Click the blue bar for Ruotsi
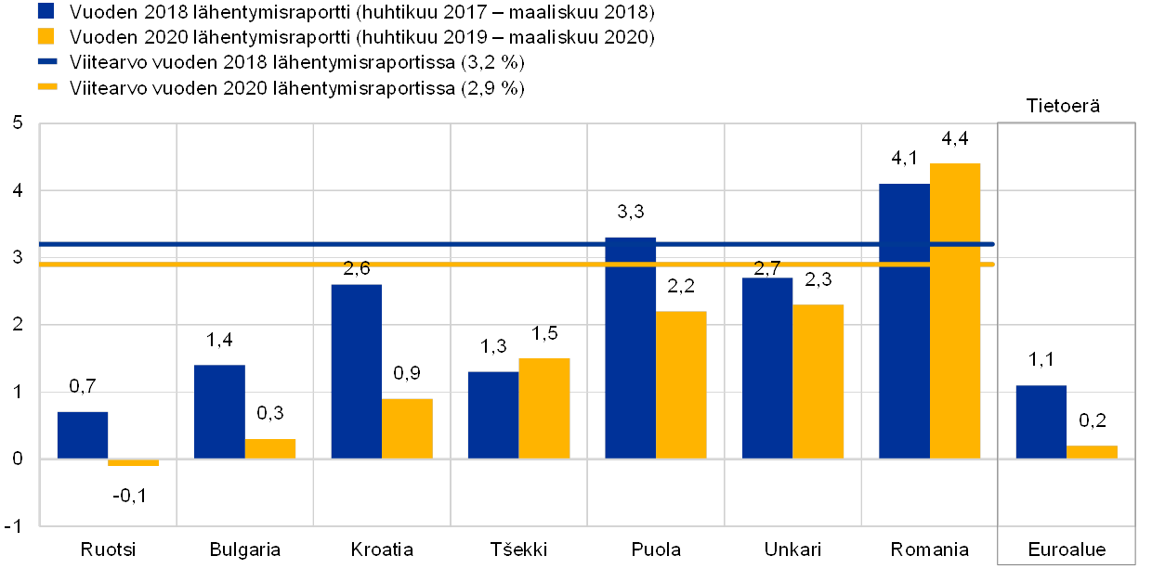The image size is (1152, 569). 83,434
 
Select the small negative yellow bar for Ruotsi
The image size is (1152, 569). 133,462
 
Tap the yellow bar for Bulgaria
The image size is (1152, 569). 270,448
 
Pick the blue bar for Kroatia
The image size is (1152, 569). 356,371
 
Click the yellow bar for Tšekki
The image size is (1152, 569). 544,408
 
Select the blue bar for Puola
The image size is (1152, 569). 630,347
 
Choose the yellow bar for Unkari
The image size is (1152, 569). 818,381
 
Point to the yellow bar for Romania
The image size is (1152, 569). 955,311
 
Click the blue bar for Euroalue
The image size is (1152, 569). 1041,421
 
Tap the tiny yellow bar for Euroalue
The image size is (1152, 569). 1092,452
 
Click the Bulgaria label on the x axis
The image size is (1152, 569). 244,549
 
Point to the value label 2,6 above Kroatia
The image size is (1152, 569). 356,269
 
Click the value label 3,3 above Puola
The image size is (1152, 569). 630,213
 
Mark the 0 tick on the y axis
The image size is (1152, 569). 18,459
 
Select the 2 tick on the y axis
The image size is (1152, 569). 18,324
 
